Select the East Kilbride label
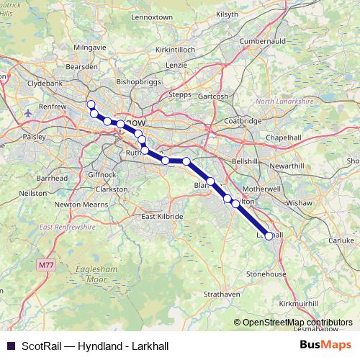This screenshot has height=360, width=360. click(162, 217)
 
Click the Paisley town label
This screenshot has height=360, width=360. click(32, 135)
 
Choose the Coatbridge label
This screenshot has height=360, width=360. click(243, 121)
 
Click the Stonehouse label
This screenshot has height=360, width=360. click(266, 274)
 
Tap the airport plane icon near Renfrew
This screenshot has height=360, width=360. click(28, 112)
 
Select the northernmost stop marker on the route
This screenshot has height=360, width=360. click(91, 104)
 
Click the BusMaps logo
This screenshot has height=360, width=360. click(325, 345)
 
